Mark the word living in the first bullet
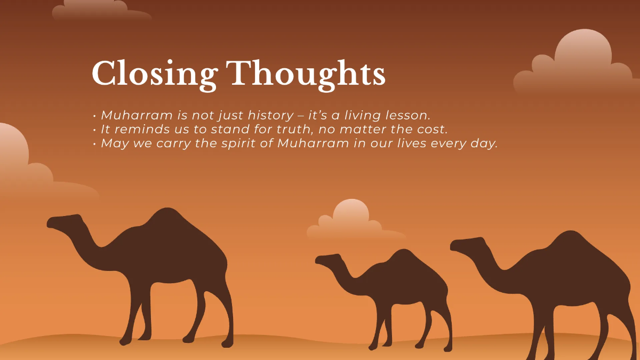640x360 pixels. [x=362, y=115]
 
